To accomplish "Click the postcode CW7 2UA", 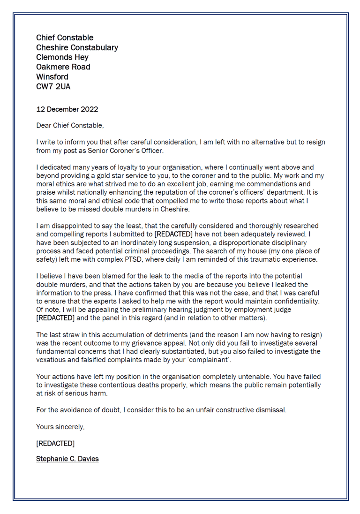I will [x=53, y=86].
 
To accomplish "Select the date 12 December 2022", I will [x=67, y=109].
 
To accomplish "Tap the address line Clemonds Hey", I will [x=62, y=57].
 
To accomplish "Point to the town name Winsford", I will [x=52, y=76].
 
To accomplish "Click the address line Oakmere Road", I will [x=63, y=67].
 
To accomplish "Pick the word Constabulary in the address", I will [x=93, y=47].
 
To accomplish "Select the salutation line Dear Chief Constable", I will [x=70, y=126].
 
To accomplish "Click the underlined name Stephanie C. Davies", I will [x=67, y=459].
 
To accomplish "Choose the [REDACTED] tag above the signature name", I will [x=55, y=443].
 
